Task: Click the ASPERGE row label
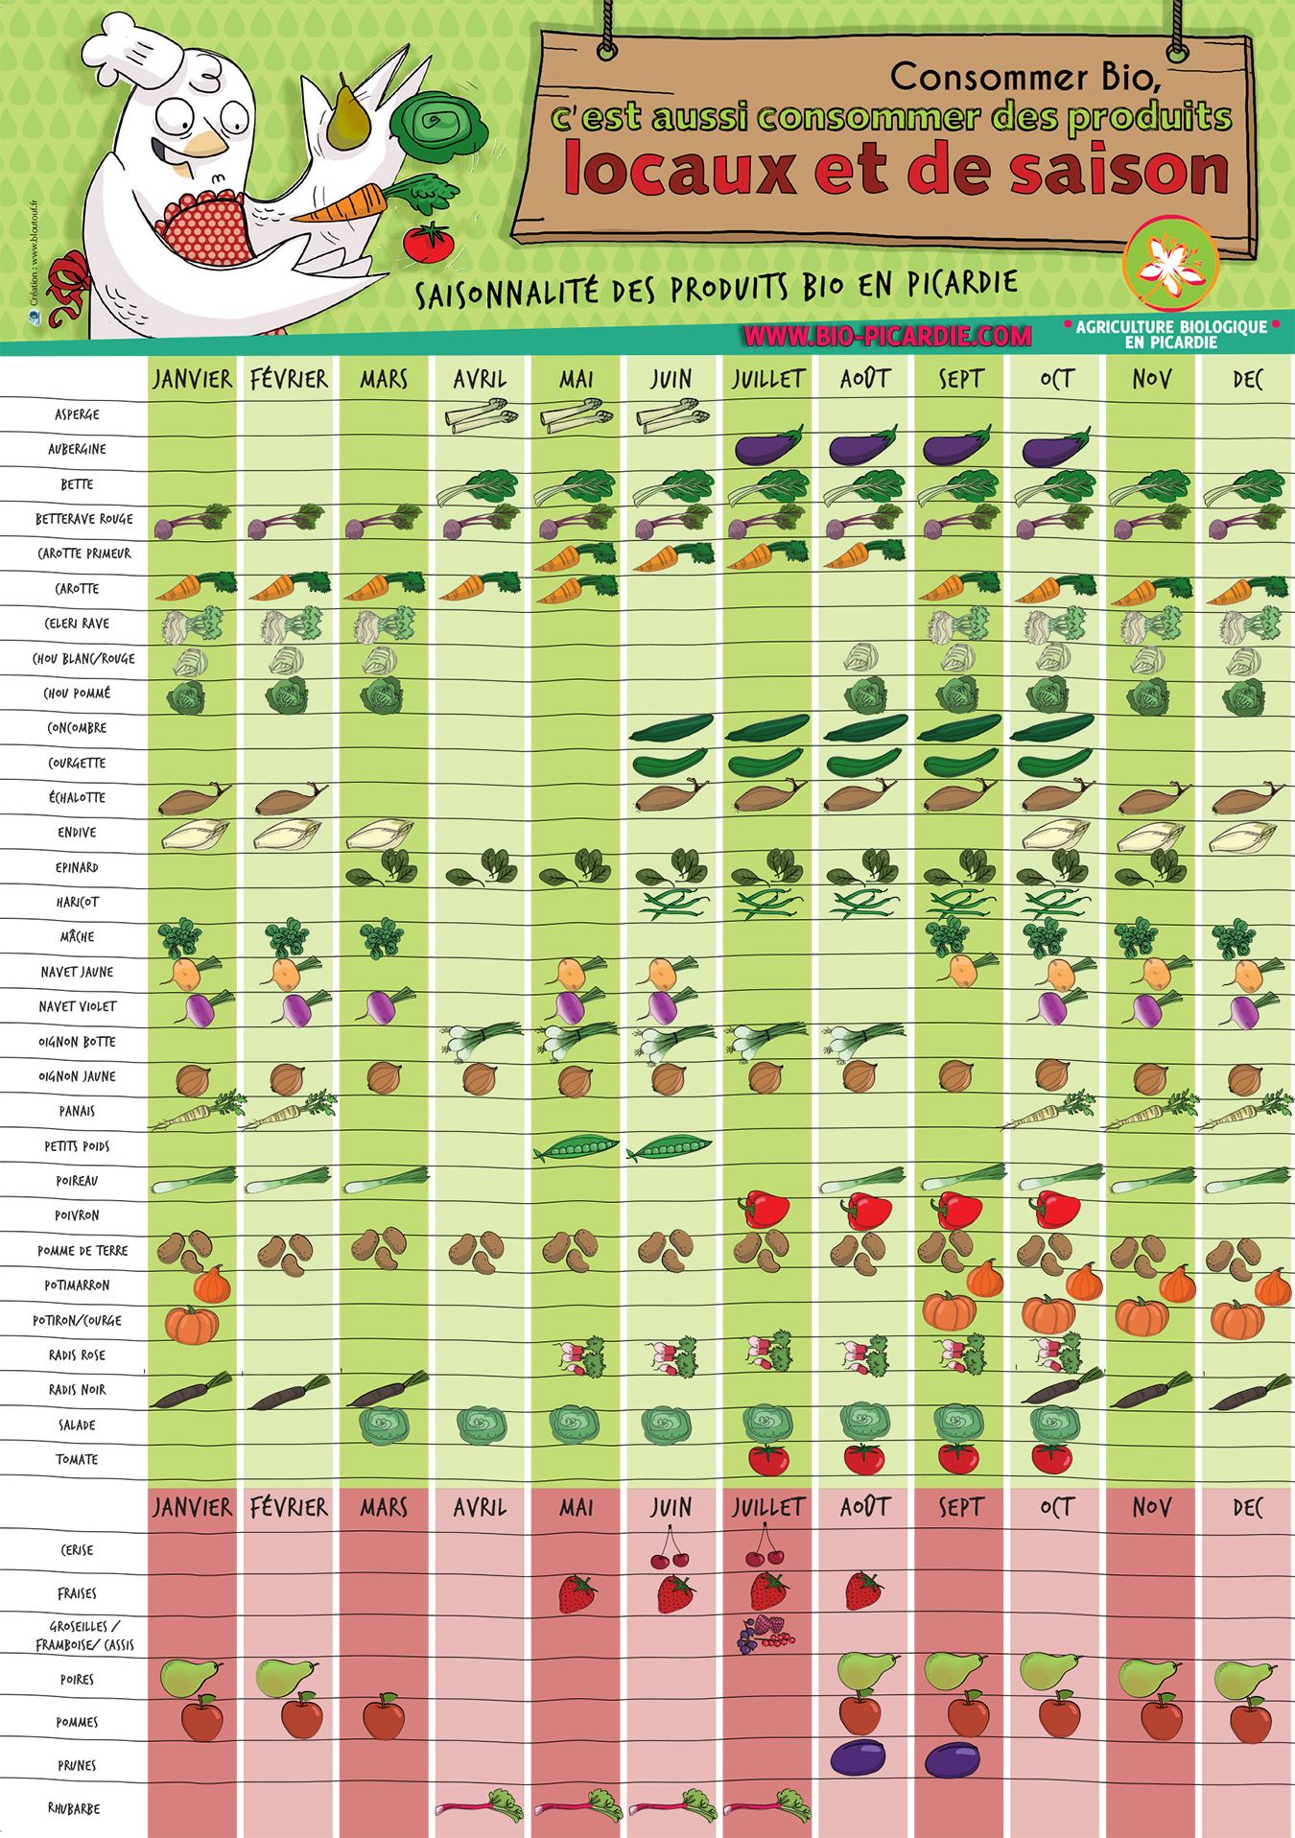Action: (77, 414)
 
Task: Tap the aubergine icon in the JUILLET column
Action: (767, 447)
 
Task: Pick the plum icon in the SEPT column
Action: (953, 1759)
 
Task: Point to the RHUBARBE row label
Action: (74, 1808)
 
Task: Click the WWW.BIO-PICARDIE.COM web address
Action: (887, 336)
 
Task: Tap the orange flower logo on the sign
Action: (1169, 264)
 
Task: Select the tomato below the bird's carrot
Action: (428, 242)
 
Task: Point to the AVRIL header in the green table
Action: (480, 380)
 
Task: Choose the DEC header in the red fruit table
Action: (1247, 1508)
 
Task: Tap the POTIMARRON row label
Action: (77, 1285)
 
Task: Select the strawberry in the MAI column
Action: (577, 1593)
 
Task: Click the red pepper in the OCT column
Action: (1054, 1210)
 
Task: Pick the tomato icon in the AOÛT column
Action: (864, 1459)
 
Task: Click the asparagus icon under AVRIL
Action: (481, 416)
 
